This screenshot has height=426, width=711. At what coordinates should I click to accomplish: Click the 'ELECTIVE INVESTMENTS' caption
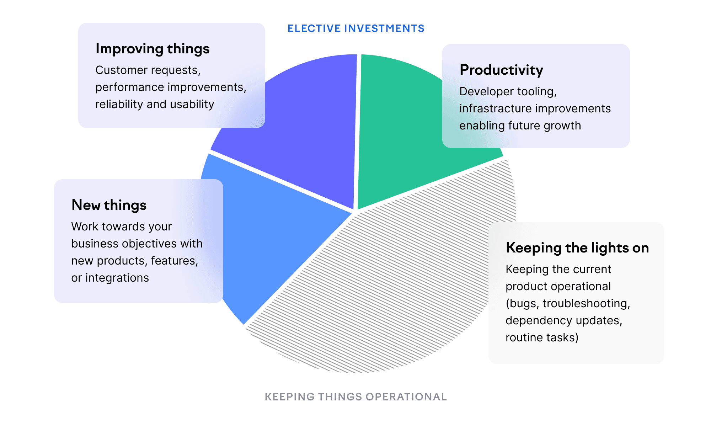click(x=356, y=28)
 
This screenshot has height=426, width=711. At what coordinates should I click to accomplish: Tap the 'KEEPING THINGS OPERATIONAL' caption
click(x=356, y=397)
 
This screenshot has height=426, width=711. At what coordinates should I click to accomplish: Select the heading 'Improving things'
click(x=153, y=49)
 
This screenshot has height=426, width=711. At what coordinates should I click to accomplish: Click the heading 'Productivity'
click(x=501, y=70)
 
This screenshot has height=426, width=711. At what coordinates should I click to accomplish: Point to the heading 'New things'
click(x=109, y=205)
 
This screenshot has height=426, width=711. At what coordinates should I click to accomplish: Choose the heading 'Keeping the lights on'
click(x=577, y=248)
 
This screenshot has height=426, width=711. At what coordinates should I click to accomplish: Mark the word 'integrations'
click(x=117, y=278)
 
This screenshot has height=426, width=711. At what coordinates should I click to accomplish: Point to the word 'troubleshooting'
click(x=586, y=304)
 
